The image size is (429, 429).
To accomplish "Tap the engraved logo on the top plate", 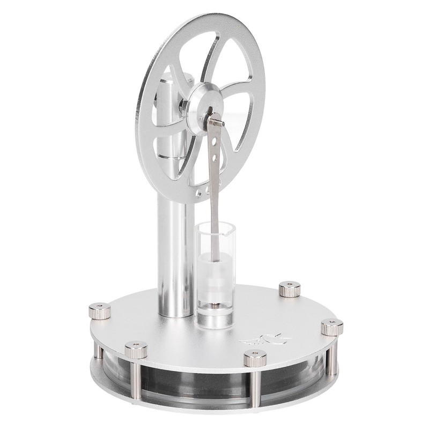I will [265, 339].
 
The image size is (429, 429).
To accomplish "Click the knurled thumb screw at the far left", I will [100, 310].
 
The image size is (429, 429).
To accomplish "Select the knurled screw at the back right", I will [290, 290].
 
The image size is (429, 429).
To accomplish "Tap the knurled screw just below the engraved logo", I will [255, 358].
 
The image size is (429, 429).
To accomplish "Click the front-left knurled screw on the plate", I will [136, 350].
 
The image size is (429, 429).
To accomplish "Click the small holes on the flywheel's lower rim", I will [202, 189].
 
